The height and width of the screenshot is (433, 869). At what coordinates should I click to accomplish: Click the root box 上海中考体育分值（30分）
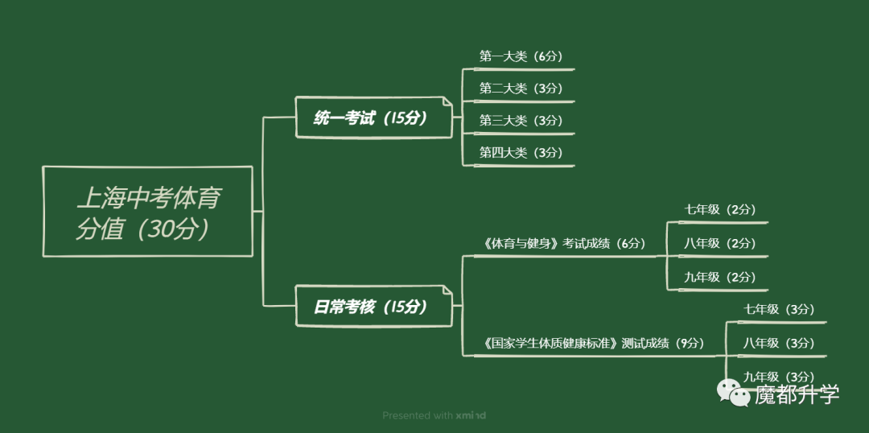(147, 211)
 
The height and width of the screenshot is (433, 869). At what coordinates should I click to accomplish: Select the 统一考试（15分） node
(373, 118)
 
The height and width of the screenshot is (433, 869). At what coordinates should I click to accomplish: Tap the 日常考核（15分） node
(373, 306)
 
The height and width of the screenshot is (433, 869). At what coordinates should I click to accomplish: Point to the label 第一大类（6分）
(521, 56)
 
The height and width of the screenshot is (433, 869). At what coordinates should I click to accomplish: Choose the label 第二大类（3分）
(521, 89)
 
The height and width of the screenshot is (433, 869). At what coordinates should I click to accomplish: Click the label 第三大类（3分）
(521, 120)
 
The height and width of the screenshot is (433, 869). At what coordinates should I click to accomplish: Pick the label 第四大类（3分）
(521, 152)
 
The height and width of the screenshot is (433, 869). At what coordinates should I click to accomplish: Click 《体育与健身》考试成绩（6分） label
(564, 243)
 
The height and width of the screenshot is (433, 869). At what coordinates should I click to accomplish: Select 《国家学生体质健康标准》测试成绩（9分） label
(594, 343)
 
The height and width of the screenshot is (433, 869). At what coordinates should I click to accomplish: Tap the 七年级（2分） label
(720, 209)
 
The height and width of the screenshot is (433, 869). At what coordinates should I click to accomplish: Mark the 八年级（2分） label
(720, 243)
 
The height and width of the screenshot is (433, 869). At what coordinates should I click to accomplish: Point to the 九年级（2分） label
(720, 277)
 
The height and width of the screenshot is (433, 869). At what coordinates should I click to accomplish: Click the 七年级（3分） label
(779, 309)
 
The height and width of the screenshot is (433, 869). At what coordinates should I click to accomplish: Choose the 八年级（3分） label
(779, 343)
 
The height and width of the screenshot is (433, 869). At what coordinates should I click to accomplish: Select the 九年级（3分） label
(779, 377)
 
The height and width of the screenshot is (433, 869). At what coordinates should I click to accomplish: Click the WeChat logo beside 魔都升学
(734, 393)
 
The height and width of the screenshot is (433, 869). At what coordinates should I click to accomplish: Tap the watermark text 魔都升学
(797, 394)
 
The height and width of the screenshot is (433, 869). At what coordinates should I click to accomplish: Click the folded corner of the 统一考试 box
(447, 102)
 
